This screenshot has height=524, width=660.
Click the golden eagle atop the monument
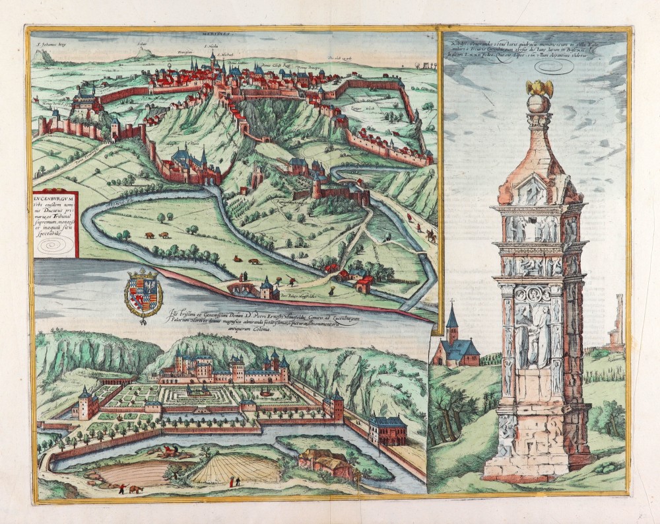539,88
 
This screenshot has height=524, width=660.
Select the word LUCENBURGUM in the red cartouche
55,197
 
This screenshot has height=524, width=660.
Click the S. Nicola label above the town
210,47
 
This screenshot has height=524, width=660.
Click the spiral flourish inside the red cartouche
52,245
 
